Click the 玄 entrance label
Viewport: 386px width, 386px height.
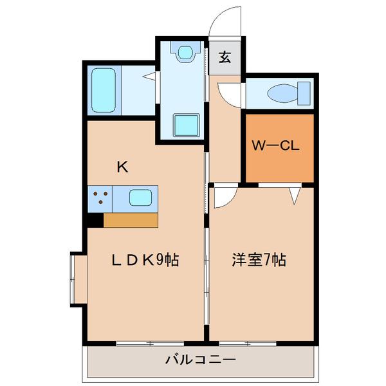(225, 57)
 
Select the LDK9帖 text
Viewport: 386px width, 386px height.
(145, 260)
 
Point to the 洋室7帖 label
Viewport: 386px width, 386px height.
(259, 260)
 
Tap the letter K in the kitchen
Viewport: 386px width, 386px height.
(122, 167)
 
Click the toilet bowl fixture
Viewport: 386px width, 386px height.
(283, 93)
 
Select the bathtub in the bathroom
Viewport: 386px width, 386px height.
(103, 89)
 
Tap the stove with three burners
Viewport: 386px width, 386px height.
(100, 198)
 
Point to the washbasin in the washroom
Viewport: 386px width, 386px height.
(186, 51)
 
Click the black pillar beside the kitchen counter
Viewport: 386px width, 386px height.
(95, 220)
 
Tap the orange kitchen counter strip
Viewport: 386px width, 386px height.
(131, 220)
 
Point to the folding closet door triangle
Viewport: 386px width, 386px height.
(295, 195)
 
